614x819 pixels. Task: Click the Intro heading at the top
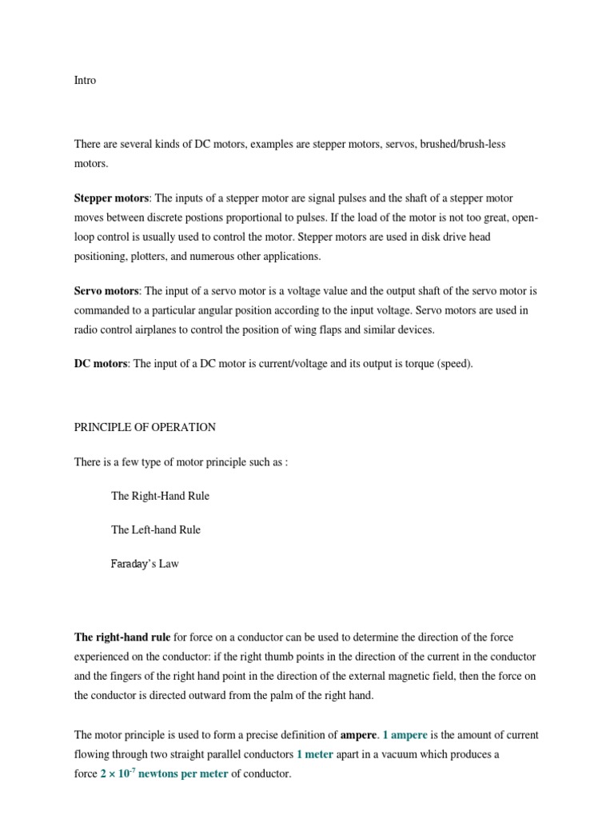(x=85, y=81)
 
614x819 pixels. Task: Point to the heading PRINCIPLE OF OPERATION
(x=145, y=427)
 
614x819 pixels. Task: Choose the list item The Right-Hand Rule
(x=160, y=496)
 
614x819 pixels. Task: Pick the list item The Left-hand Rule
(x=156, y=529)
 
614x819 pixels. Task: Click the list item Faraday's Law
(x=145, y=564)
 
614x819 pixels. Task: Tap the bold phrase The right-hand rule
(x=122, y=637)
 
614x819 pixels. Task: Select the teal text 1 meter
(x=314, y=754)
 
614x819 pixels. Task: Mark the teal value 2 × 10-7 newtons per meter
(x=164, y=774)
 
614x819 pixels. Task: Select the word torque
(x=412, y=363)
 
